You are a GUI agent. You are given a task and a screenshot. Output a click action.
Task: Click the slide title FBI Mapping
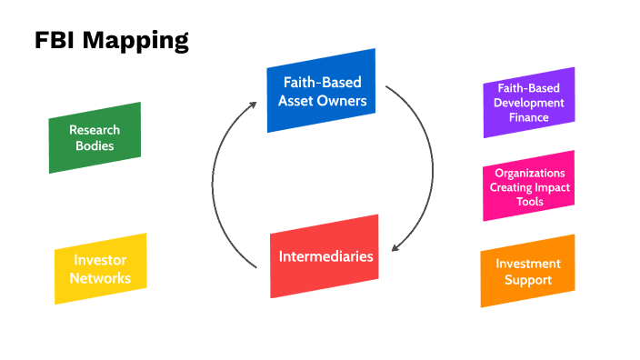(112, 41)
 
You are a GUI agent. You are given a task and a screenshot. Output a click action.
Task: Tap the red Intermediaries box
(325, 256)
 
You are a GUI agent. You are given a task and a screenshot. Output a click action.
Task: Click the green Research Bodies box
(95, 137)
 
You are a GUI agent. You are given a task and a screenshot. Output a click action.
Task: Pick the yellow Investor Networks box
(100, 269)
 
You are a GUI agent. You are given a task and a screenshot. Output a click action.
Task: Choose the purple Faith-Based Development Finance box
(528, 103)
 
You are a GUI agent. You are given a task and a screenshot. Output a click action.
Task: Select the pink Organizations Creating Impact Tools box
(528, 186)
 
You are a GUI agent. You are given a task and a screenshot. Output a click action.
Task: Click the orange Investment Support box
(527, 271)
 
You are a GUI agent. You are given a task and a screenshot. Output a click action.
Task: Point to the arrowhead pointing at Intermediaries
(393, 248)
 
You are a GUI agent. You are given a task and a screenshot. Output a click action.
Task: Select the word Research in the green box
(95, 130)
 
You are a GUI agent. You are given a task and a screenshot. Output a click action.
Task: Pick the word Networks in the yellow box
(100, 278)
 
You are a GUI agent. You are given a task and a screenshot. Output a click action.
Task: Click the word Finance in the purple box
(528, 117)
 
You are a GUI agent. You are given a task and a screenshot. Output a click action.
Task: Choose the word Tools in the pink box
(528, 201)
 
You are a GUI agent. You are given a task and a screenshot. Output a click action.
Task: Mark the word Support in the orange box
(528, 280)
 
